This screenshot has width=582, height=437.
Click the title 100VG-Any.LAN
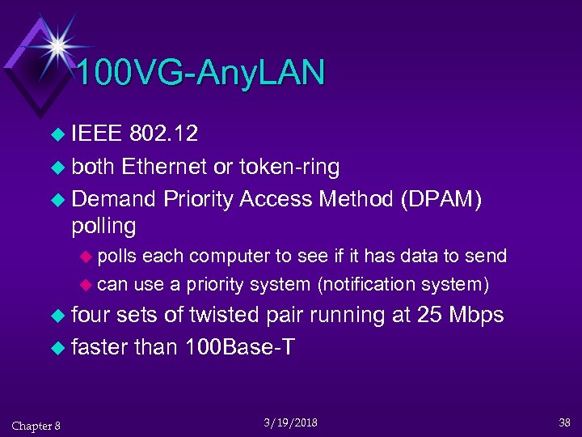tap(201, 73)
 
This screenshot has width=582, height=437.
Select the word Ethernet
tap(164, 167)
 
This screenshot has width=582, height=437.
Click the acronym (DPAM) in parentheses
tap(441, 200)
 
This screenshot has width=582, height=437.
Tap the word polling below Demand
tap(103, 225)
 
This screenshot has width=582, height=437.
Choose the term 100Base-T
tap(239, 347)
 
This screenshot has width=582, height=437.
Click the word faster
tap(99, 347)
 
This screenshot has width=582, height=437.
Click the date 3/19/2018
tap(291, 422)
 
